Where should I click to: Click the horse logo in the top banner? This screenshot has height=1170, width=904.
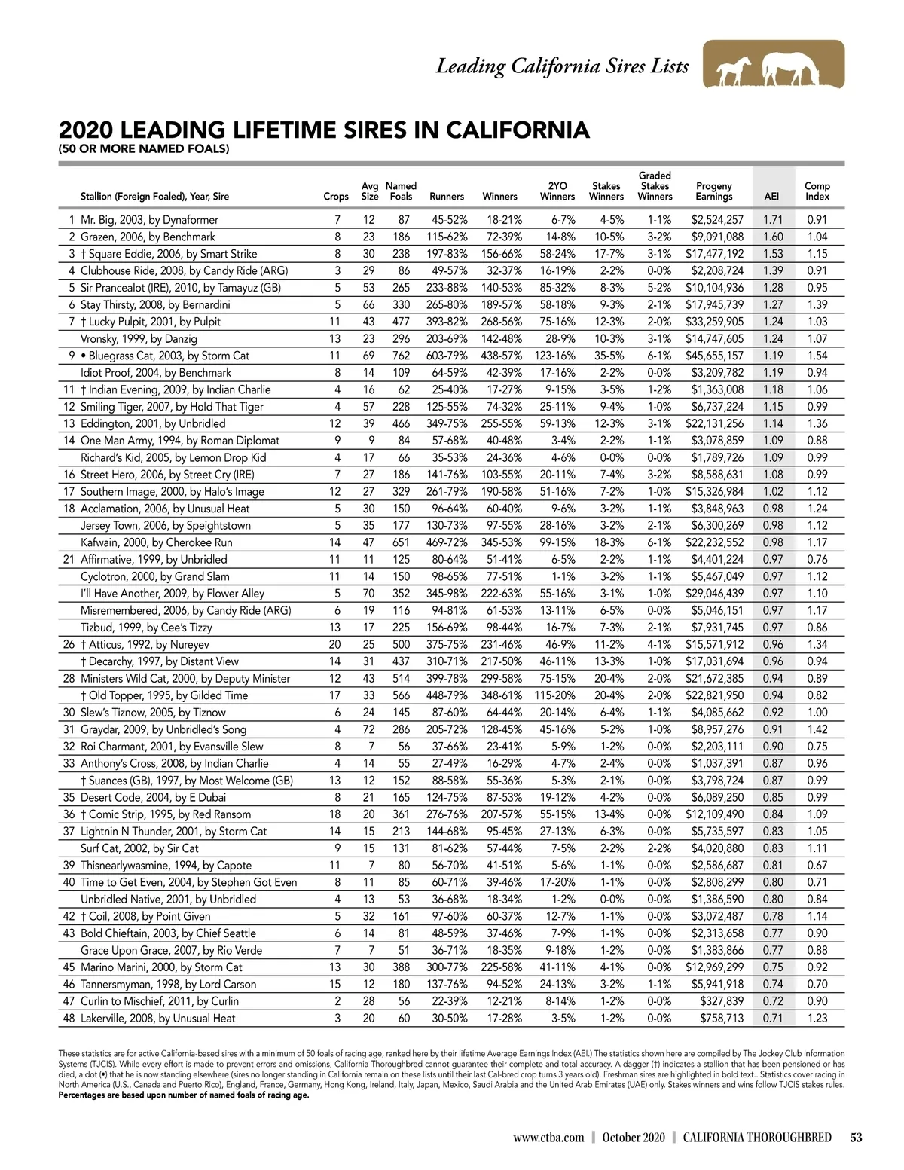(x=774, y=66)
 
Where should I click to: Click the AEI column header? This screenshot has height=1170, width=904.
(x=771, y=197)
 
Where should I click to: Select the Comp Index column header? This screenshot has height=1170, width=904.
(x=817, y=191)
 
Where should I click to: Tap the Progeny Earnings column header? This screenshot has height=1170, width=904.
(x=713, y=191)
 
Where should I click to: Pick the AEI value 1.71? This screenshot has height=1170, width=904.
(x=772, y=220)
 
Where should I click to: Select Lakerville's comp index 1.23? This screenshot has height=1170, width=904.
(x=817, y=1018)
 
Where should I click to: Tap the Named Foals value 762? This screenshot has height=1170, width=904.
(x=401, y=356)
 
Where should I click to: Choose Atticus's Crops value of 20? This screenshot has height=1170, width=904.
(x=334, y=645)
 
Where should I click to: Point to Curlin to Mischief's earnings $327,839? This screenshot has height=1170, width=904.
(x=722, y=1001)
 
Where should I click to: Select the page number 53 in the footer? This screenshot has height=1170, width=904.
(x=856, y=1138)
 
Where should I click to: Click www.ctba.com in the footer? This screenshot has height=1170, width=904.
(x=548, y=1138)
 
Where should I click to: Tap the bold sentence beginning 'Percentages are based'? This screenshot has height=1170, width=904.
(x=184, y=1095)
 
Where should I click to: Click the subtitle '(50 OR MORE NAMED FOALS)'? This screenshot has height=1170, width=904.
(x=144, y=149)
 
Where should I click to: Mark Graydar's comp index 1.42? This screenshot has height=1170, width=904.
(x=817, y=729)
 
